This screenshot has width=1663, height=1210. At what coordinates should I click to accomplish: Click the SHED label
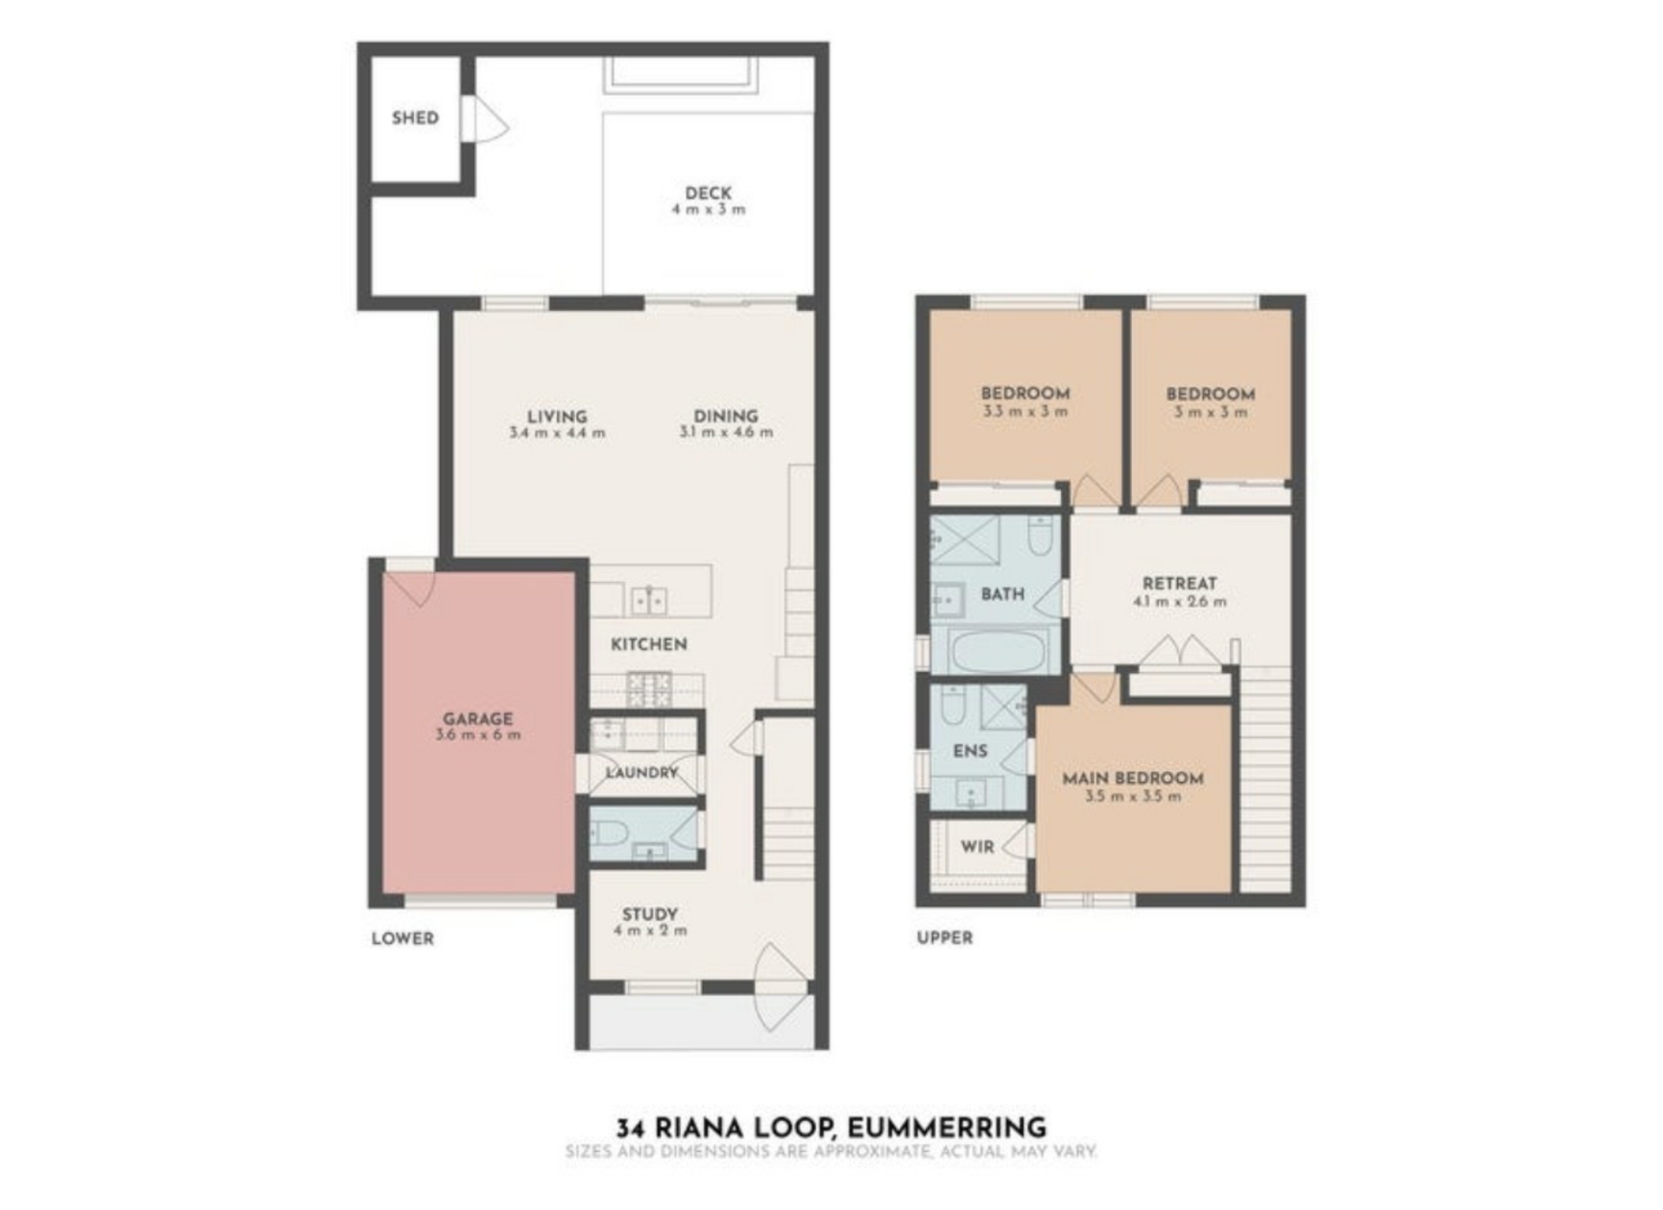(415, 118)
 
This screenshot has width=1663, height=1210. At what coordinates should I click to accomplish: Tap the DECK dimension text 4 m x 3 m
(709, 210)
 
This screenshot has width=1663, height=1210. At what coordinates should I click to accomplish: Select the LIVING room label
(557, 417)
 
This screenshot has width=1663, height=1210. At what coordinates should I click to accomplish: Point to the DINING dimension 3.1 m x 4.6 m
(726, 432)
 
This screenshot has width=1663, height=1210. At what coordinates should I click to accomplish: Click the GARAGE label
(478, 719)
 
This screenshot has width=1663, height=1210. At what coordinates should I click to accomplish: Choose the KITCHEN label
(649, 644)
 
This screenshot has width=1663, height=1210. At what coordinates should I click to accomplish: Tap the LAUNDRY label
(642, 773)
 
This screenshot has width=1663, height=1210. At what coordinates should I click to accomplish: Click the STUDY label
(650, 915)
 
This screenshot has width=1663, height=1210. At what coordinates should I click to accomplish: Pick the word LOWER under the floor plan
(403, 939)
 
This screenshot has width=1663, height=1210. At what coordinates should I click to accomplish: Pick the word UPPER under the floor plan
(945, 938)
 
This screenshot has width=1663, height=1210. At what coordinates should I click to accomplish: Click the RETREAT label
(1180, 584)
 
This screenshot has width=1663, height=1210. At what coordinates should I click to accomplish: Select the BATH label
(1003, 594)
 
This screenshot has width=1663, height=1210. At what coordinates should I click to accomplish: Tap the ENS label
(970, 751)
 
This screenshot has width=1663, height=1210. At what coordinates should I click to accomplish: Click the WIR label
(978, 847)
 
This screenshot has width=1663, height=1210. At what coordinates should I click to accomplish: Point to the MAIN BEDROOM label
(1133, 779)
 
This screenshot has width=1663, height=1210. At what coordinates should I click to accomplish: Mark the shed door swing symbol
(484, 118)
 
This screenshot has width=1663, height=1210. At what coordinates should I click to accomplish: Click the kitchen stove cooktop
(649, 690)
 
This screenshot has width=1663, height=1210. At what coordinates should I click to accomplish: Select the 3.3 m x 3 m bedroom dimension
(1025, 411)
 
